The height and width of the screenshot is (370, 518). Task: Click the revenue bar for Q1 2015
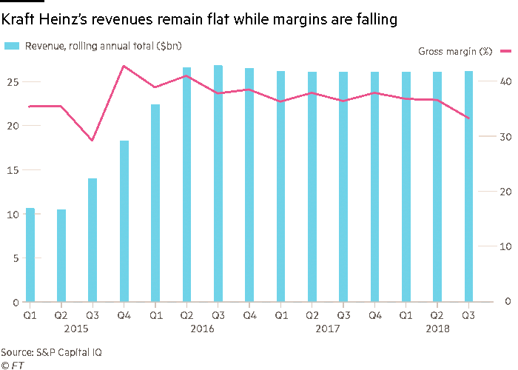click(x=30, y=255)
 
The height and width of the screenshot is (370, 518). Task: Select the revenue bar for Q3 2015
click(x=92, y=240)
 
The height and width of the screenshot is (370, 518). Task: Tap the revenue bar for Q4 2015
click(x=124, y=221)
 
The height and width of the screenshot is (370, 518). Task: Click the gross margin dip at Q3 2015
click(x=92, y=141)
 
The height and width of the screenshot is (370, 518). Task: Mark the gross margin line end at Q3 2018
click(x=468, y=118)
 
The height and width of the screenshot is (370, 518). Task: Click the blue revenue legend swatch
click(x=13, y=46)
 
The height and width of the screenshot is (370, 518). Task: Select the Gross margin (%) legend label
click(x=455, y=51)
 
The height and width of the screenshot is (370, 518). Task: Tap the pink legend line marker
click(x=506, y=51)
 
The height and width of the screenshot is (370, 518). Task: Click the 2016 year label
click(x=202, y=328)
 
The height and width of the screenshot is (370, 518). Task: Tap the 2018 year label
click(x=437, y=328)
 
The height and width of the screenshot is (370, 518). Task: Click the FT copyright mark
click(x=10, y=365)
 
